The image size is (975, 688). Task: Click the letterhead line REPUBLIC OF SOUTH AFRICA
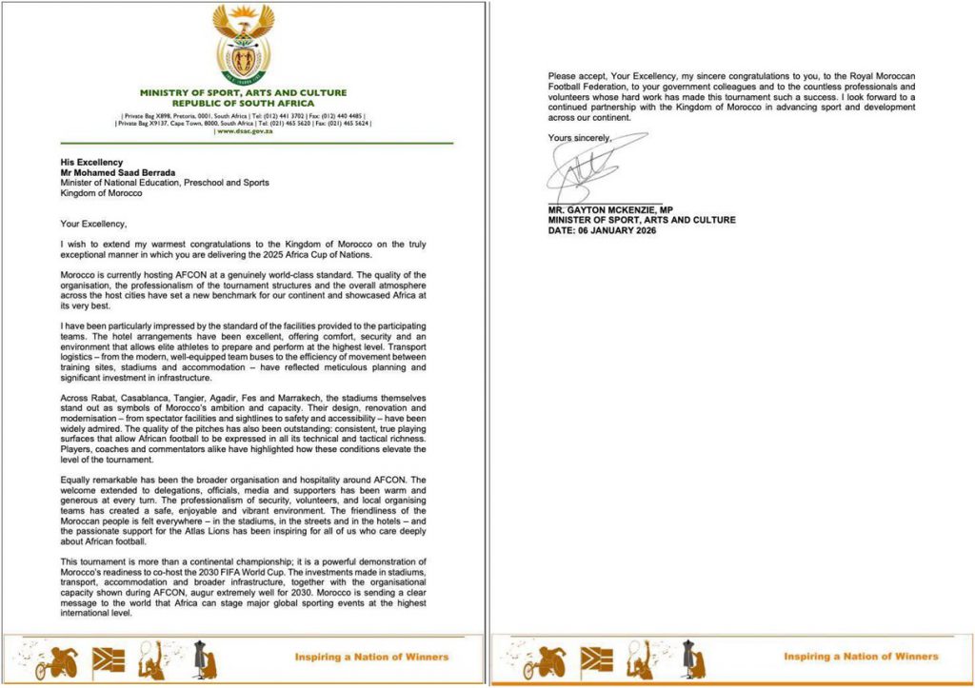click(x=242, y=102)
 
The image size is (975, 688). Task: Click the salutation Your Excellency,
click(x=93, y=224)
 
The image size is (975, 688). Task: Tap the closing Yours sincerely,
click(x=580, y=138)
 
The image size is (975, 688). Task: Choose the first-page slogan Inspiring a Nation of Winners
click(x=371, y=657)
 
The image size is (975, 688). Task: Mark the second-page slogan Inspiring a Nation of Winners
click(x=861, y=657)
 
